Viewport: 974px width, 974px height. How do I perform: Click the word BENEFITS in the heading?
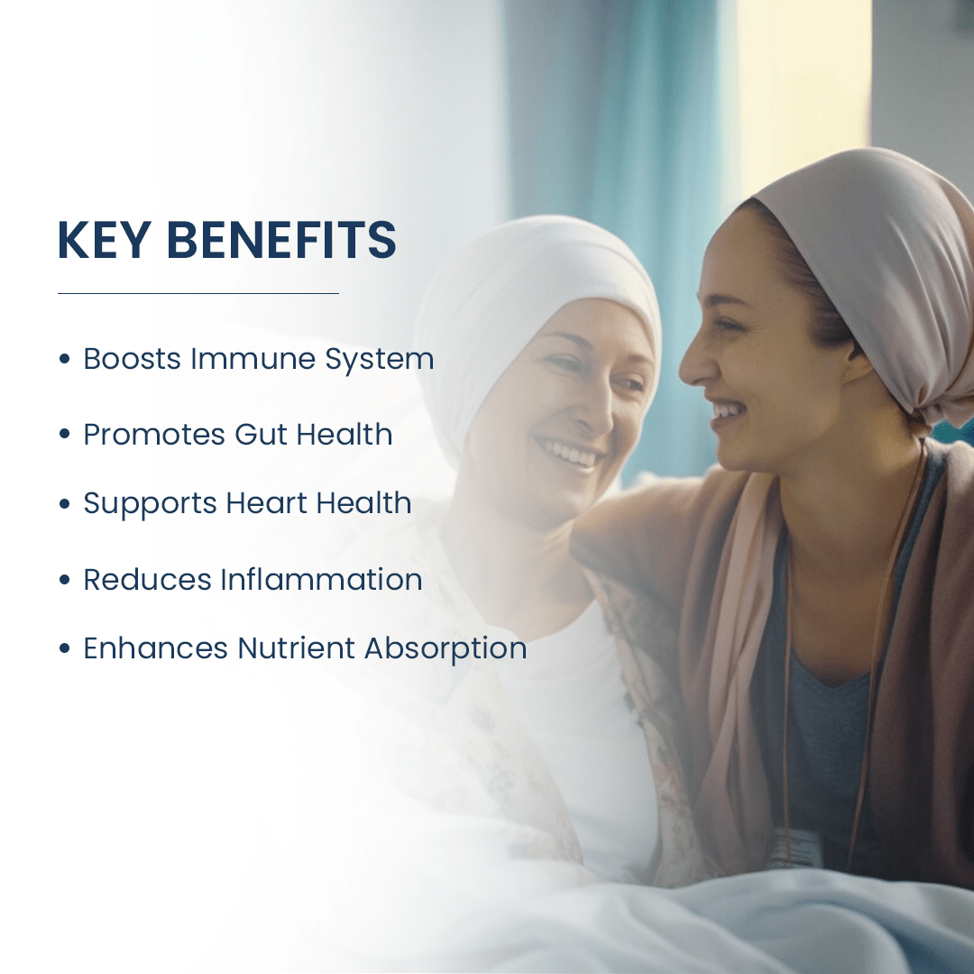pos(281,241)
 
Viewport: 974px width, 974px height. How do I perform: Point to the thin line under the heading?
pos(198,293)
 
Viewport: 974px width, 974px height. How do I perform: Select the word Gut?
pos(261,435)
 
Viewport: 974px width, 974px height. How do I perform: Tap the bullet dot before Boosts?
pos(64,359)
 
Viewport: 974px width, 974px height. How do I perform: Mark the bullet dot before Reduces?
pos(64,579)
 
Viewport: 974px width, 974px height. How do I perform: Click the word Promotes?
pos(154,435)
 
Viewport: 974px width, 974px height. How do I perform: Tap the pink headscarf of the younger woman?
pos(866,234)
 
